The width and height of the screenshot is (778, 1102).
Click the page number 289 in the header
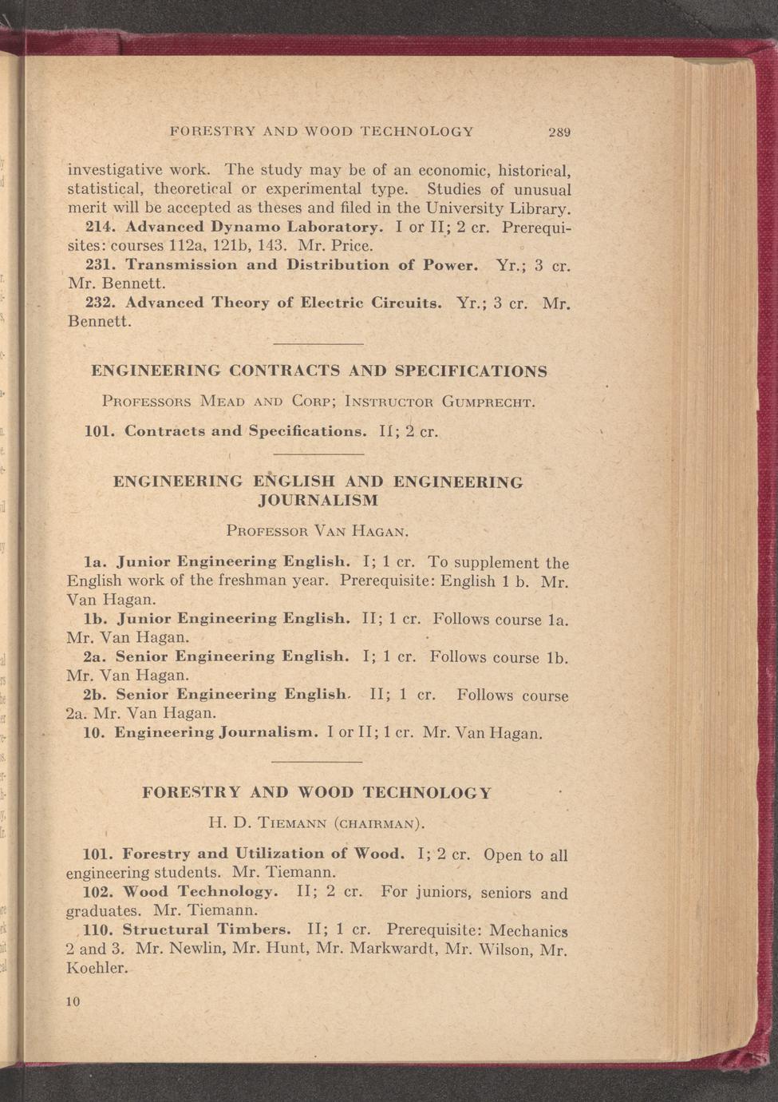pos(559,132)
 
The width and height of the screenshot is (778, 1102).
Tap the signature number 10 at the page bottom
pos(73,1001)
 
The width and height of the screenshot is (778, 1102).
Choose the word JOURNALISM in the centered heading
pos(318,501)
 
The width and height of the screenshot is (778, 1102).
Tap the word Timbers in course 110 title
pos(257,930)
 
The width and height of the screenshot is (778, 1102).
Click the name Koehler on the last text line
pos(97,968)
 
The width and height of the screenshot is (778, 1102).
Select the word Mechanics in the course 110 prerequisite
pos(528,931)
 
